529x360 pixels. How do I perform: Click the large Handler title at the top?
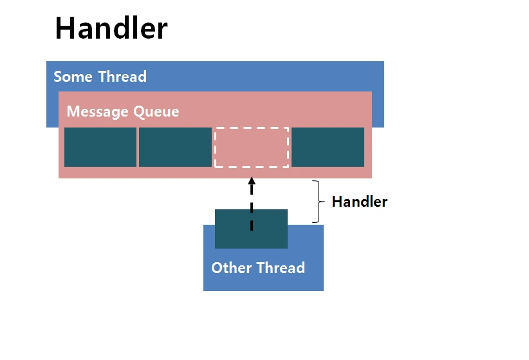tap(111, 28)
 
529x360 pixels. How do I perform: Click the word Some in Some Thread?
tap(73, 77)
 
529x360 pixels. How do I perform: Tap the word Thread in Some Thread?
tap(122, 77)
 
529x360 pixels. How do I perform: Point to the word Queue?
tap(156, 112)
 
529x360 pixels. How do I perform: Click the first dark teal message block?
tap(100, 147)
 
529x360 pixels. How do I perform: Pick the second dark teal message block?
tap(176, 147)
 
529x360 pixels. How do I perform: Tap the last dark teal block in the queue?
tap(328, 147)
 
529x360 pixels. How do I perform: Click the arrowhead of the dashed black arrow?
tap(252, 181)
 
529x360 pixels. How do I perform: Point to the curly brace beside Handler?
tap(319, 202)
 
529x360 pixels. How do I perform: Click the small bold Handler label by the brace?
tap(360, 202)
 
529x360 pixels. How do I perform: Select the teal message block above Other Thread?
tap(252, 229)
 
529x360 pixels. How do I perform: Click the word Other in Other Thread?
tap(232, 268)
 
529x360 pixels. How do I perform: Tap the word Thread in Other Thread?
tap(281, 268)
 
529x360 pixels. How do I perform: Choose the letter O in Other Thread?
tap(218, 268)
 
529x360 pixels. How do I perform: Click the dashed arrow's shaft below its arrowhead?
tap(252, 208)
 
